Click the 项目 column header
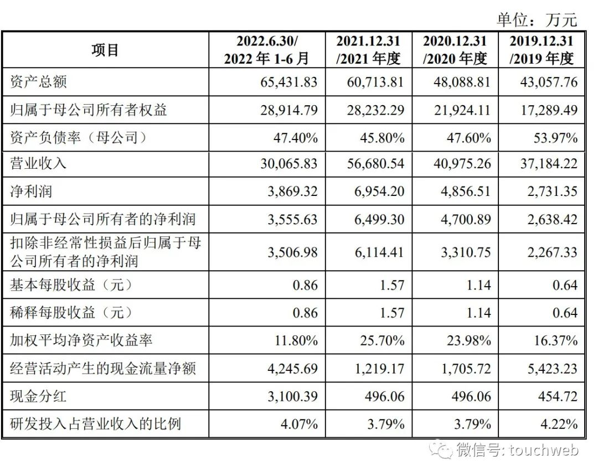105,50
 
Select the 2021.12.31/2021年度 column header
368,50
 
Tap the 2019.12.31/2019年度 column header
542,50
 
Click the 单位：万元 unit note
537,20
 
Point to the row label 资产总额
39,82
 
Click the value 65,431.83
288,82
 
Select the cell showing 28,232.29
375,110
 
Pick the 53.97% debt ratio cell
555,137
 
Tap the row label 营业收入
39,164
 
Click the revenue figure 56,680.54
375,164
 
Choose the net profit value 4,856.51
462,192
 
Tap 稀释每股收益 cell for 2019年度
565,313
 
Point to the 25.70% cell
383,340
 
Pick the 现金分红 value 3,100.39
288,396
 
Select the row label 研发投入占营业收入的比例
96,424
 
